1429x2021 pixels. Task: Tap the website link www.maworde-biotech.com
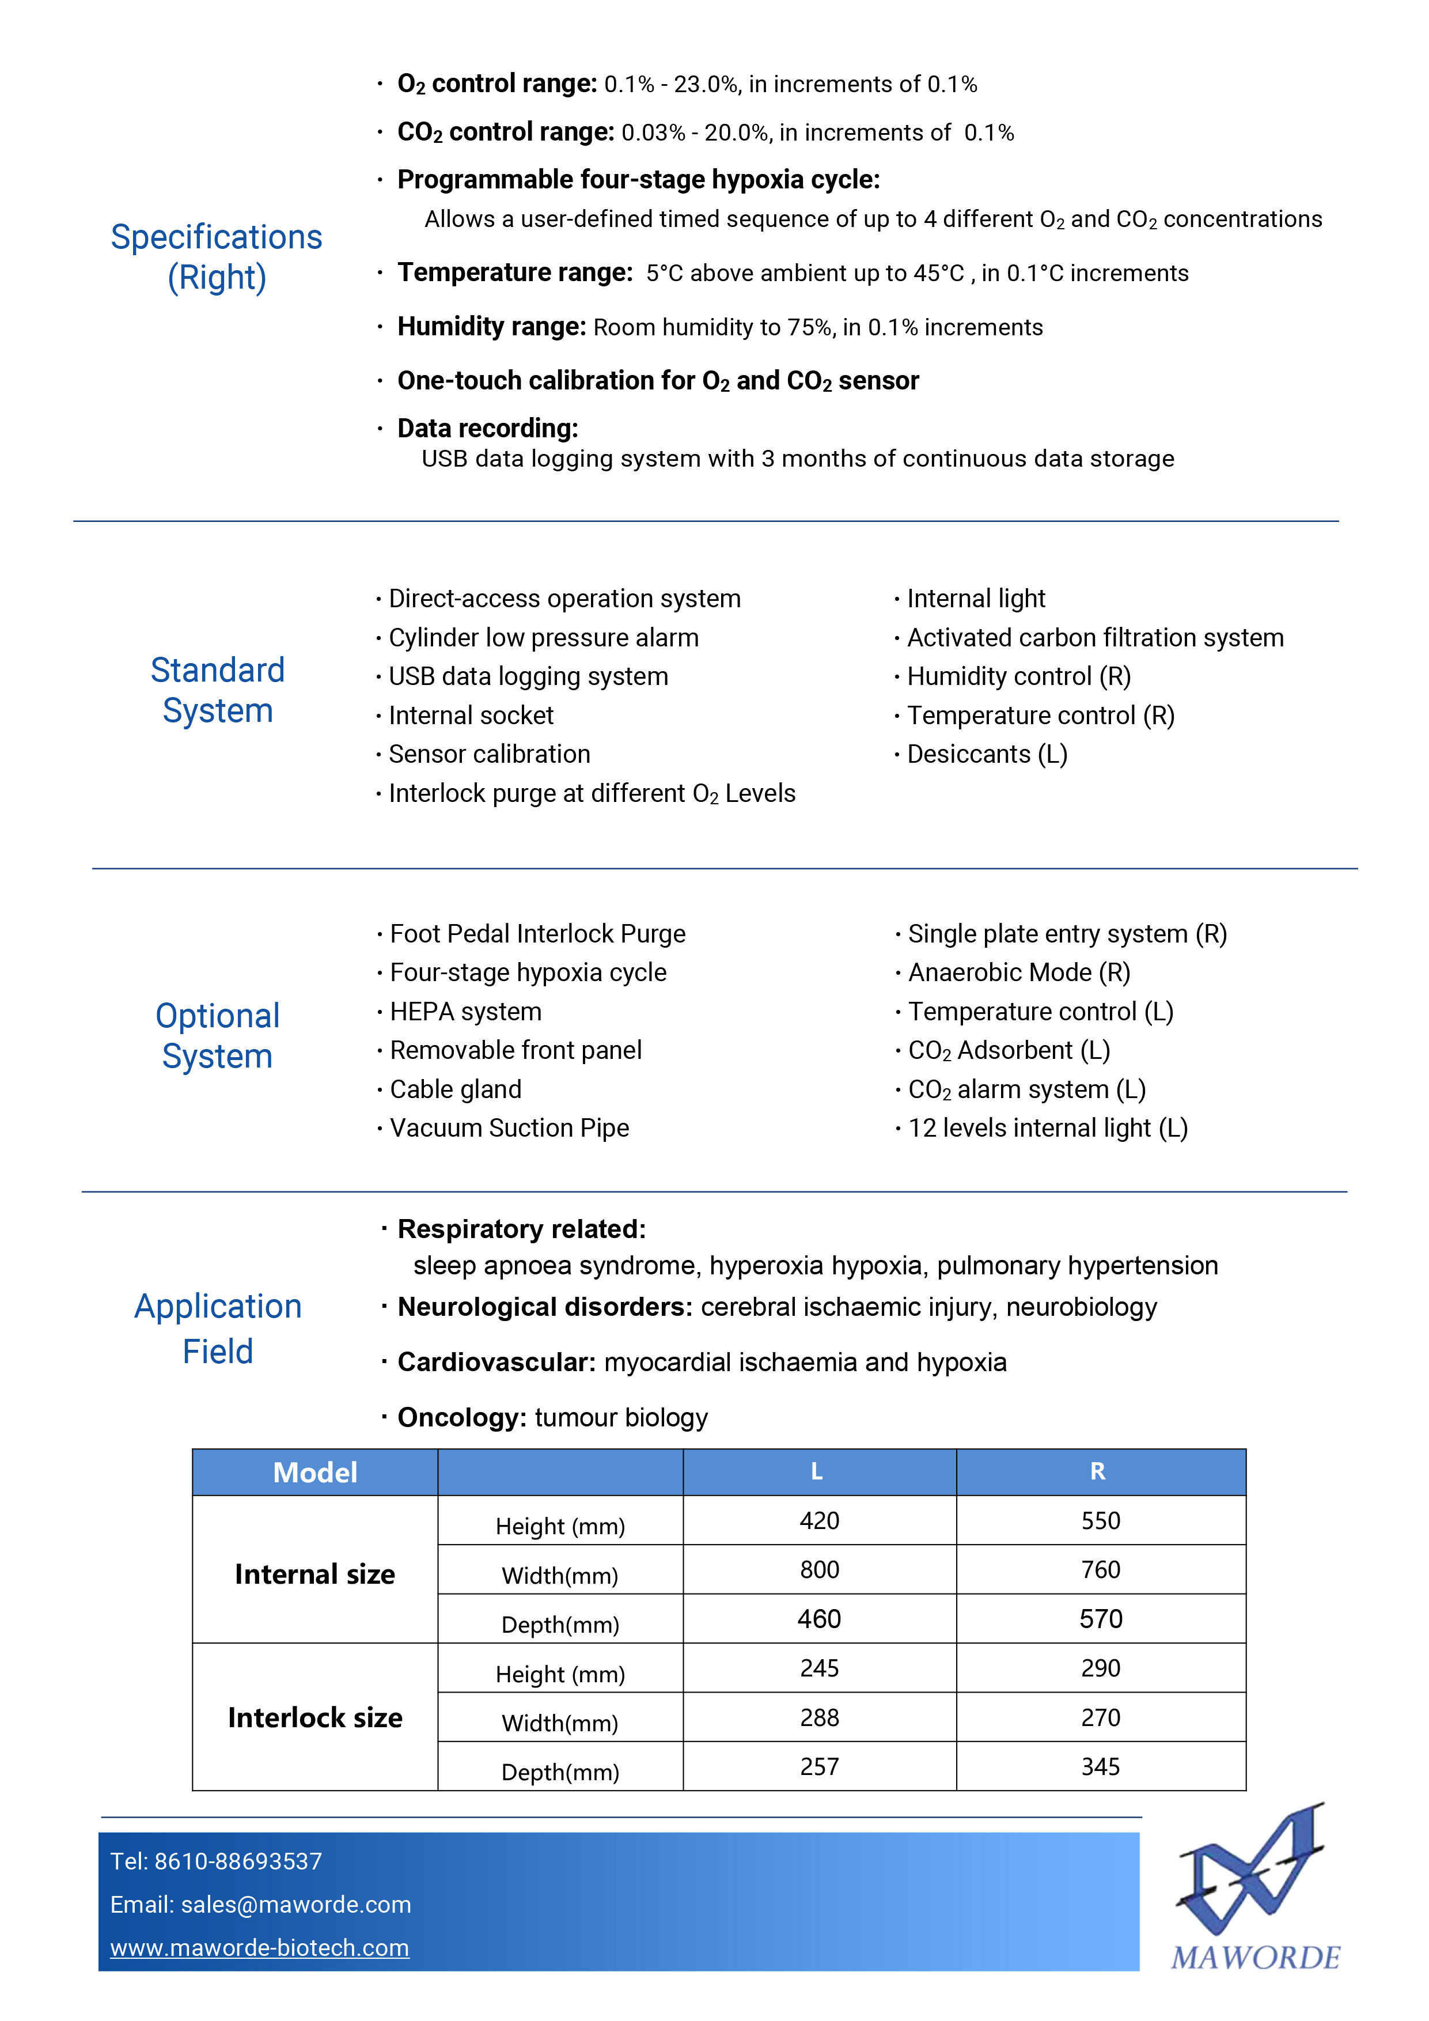pyautogui.click(x=260, y=1948)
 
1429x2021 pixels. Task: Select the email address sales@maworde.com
pyautogui.click(x=295, y=1905)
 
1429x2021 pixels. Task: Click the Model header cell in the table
pyautogui.click(x=315, y=1473)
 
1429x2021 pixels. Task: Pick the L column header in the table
pyautogui.click(x=817, y=1472)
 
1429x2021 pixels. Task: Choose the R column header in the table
pyautogui.click(x=1098, y=1472)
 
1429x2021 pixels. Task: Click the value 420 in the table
pyautogui.click(x=819, y=1521)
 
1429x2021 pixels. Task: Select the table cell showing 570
pyautogui.click(x=1101, y=1619)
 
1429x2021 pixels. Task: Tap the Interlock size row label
pyautogui.click(x=315, y=1717)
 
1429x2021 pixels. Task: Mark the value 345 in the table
pyautogui.click(x=1101, y=1766)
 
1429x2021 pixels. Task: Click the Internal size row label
pyautogui.click(x=315, y=1574)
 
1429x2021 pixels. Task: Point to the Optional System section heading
pyautogui.click(x=217, y=1036)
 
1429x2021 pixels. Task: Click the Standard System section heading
pyautogui.click(x=217, y=690)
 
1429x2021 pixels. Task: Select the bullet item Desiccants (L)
pyautogui.click(x=987, y=754)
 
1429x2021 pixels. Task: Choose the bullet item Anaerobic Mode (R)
pyautogui.click(x=1019, y=972)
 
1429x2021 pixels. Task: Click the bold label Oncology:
pyautogui.click(x=462, y=1417)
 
